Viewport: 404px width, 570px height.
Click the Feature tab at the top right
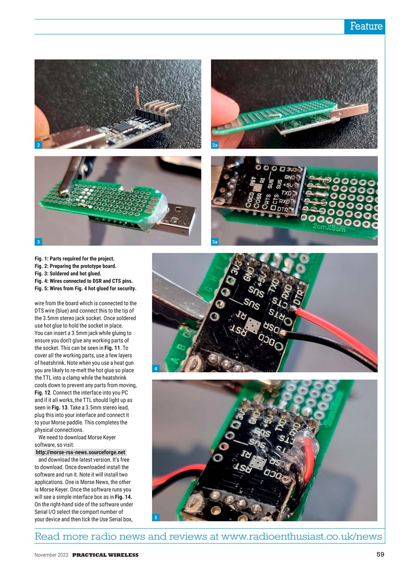tap(365, 26)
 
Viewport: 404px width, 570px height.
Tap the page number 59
tap(380, 554)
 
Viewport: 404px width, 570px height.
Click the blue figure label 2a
tap(215, 145)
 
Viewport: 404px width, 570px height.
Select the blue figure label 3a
tap(215, 242)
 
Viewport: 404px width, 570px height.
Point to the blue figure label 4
tap(156, 369)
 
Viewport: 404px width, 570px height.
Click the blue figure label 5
tap(156, 517)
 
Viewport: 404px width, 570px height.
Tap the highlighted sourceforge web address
tap(80, 452)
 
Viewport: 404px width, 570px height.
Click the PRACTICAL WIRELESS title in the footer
tap(105, 555)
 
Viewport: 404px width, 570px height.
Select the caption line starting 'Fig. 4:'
tap(83, 281)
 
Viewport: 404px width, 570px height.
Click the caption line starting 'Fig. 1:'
tap(74, 259)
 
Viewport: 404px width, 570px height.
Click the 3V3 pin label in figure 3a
tap(292, 169)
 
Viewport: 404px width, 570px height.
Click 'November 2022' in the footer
tap(51, 555)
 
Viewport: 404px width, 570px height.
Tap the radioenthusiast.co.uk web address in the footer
tap(301, 536)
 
